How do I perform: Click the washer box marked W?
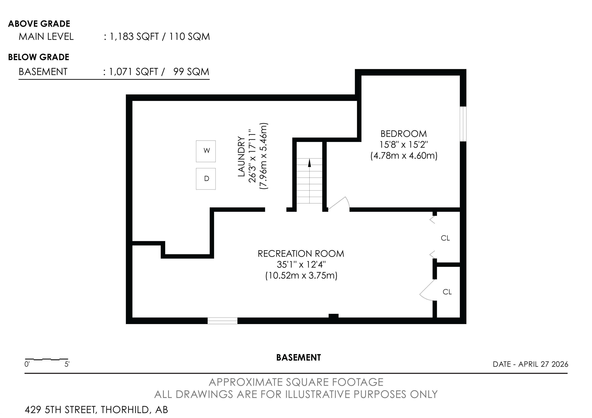pos(206,151)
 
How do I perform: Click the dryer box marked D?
pos(206,179)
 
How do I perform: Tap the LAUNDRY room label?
pos(241,156)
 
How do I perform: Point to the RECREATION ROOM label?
pos(301,254)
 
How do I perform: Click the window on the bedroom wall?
pos(463,124)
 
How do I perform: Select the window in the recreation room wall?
pos(223,321)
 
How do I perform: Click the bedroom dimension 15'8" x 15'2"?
pos(404,145)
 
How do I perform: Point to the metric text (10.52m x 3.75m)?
pos(301,276)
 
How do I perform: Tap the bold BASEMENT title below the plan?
pos(299,358)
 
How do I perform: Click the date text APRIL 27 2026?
pos(543,364)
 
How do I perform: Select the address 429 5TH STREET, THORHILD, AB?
pos(96,410)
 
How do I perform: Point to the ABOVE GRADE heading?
pos(39,24)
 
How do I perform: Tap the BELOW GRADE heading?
pos(39,57)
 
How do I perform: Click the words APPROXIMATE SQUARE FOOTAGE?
pos(296,382)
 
